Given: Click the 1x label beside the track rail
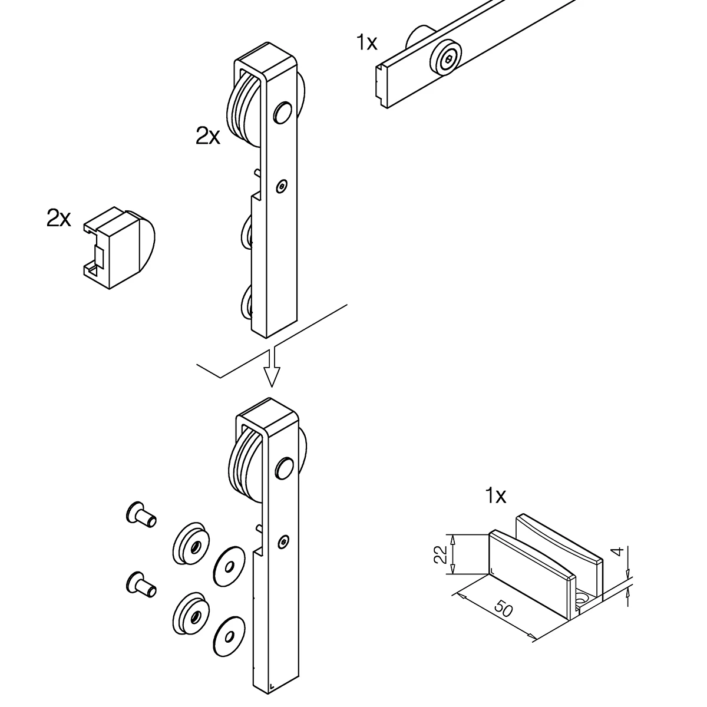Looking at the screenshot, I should [366, 42].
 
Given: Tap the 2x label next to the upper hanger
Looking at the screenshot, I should [207, 137].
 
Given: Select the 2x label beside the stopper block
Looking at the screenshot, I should [58, 219].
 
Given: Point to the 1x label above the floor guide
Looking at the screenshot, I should [495, 496].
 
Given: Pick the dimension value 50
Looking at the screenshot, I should [504, 610].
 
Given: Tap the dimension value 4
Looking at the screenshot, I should [616, 552].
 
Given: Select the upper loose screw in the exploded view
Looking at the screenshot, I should [141, 517].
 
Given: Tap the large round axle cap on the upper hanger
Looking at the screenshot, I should [283, 112].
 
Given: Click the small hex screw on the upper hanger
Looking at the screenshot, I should [282, 186].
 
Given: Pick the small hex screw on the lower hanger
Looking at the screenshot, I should [285, 541].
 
